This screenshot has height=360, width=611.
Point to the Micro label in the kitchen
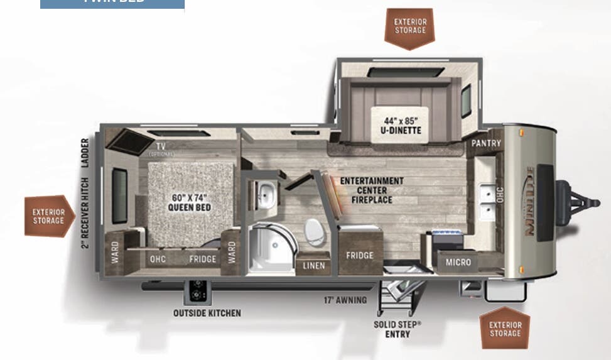(458, 262)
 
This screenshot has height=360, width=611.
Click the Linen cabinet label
(313, 266)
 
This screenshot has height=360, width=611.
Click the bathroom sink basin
(266, 194)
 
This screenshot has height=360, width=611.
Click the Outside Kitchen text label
(207, 313)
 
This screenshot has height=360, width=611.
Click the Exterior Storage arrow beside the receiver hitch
(49, 216)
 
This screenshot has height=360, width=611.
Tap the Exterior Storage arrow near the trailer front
(505, 329)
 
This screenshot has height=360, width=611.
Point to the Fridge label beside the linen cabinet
(359, 256)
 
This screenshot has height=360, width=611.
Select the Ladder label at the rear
(85, 153)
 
